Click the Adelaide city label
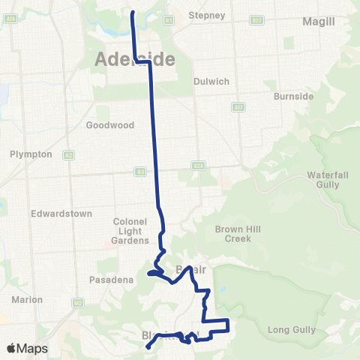pos(135,58)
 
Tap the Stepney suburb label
pos(207,15)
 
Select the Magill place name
pos(318,22)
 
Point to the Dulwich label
pos(211,81)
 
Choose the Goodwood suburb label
pos(109,125)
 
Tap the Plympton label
pos(31,154)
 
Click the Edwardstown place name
pos(61,214)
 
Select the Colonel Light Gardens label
pos(130,231)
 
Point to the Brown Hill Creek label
pos(232,234)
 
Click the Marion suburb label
pos(28,299)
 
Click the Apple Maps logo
pos(27,349)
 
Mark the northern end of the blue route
pos(133,13)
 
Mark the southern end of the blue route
pos(148,346)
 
